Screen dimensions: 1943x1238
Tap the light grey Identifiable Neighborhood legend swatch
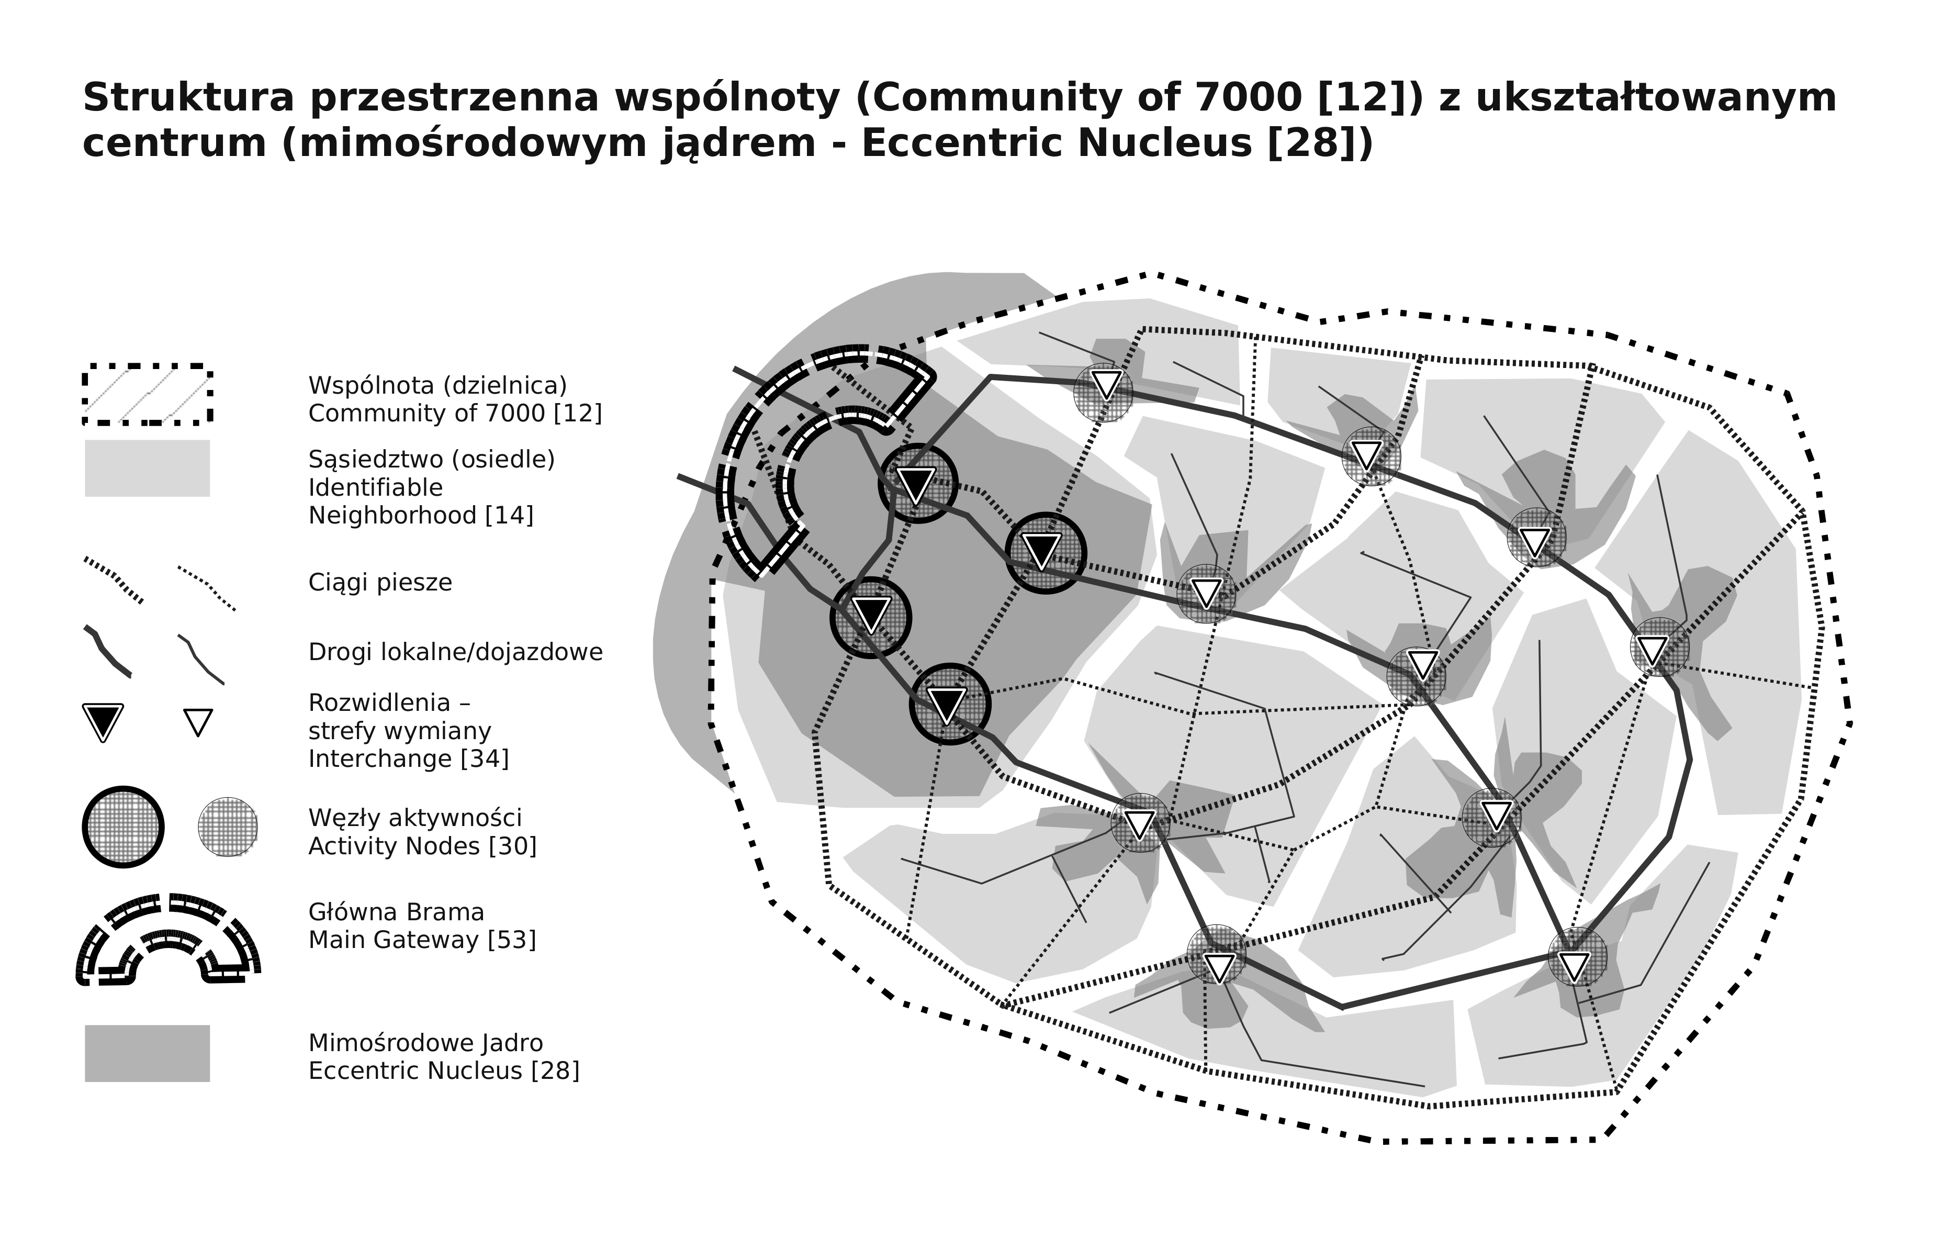pyautogui.click(x=147, y=468)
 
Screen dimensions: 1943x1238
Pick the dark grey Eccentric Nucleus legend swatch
pyautogui.click(x=147, y=1053)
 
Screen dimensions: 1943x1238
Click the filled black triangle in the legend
pyautogui.click(x=103, y=721)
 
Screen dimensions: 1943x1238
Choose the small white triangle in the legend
pyautogui.click(x=198, y=721)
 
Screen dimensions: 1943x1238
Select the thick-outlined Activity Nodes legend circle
pyautogui.click(x=122, y=827)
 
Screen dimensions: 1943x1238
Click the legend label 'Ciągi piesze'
pyautogui.click(x=380, y=583)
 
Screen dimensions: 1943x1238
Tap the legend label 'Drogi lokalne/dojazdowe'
pyautogui.click(x=455, y=652)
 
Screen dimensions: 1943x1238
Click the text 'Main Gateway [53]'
pyautogui.click(x=422, y=940)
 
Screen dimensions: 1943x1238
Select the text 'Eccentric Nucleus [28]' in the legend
pyautogui.click(x=444, y=1071)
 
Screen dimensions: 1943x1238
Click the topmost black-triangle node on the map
pyautogui.click(x=917, y=483)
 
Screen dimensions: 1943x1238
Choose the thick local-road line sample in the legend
pyautogui.click(x=107, y=651)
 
